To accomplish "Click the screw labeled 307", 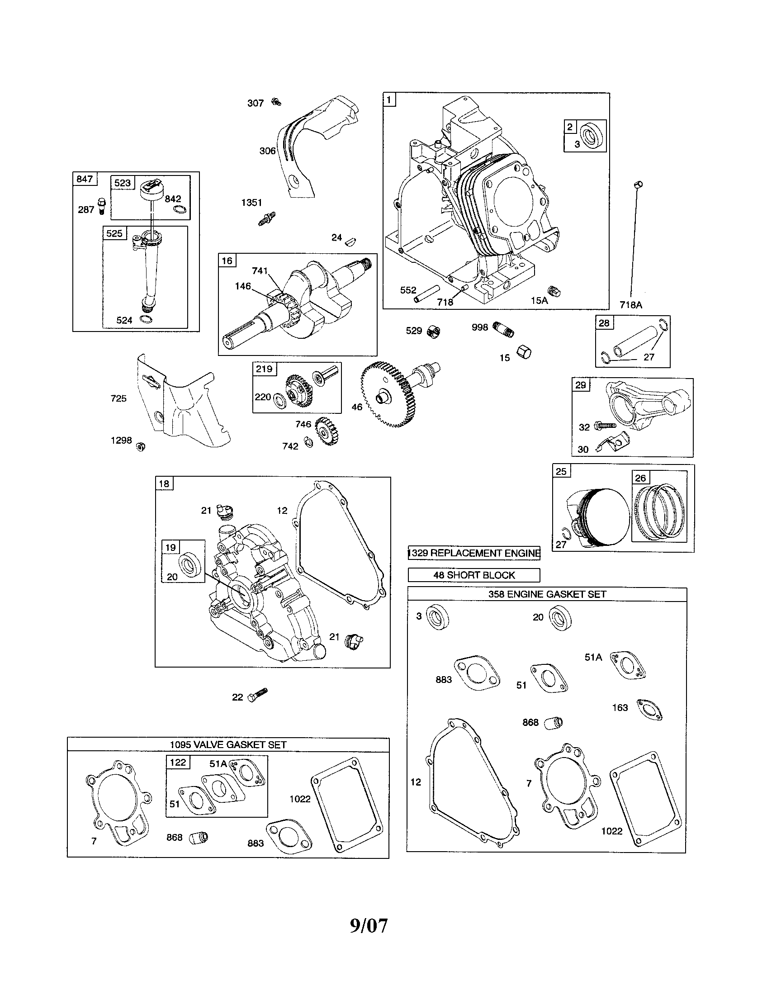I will click(275, 102).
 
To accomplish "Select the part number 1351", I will click(251, 203).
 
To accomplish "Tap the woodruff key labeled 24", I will click(351, 242).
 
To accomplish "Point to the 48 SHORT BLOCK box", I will click(473, 575).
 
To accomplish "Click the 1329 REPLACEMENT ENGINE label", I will click(473, 553).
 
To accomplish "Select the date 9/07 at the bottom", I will click(369, 925).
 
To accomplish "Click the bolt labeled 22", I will click(258, 695).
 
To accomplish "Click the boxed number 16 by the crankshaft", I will click(227, 261).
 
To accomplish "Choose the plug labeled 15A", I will click(554, 292).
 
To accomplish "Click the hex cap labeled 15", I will click(524, 352).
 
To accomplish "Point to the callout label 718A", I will click(631, 305).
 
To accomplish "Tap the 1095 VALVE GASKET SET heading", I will click(228, 744).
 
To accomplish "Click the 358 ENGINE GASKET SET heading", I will click(547, 594).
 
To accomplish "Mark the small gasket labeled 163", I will click(649, 709).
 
